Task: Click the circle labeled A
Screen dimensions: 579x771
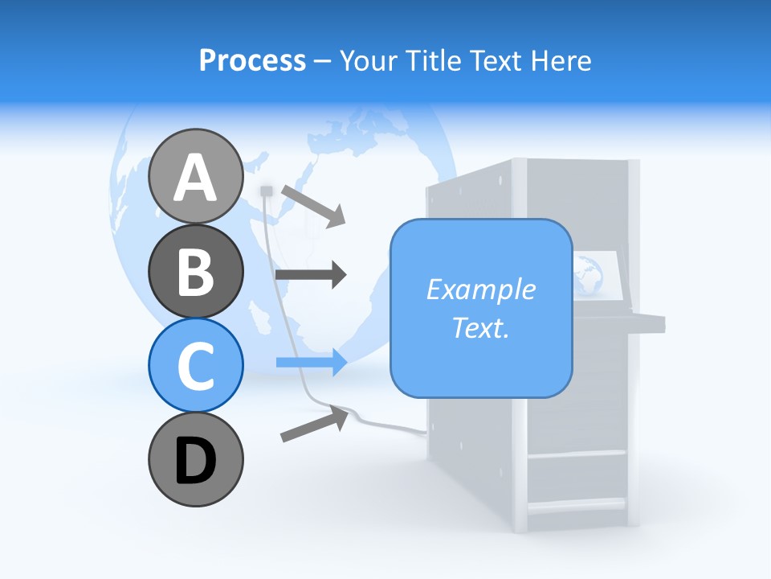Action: click(195, 177)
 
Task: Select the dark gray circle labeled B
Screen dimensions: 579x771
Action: click(195, 271)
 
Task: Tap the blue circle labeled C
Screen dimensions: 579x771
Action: click(195, 365)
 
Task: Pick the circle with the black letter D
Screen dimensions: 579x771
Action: click(195, 459)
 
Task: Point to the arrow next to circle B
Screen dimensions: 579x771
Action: click(311, 275)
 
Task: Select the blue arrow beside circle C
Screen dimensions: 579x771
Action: click(312, 363)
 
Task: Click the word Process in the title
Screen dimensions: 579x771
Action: click(252, 60)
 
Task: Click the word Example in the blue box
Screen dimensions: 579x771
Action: click(480, 289)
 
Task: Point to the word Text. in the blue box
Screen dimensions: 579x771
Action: click(480, 328)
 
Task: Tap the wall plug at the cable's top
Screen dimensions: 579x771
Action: click(267, 191)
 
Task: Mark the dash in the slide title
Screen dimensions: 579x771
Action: click(322, 61)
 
